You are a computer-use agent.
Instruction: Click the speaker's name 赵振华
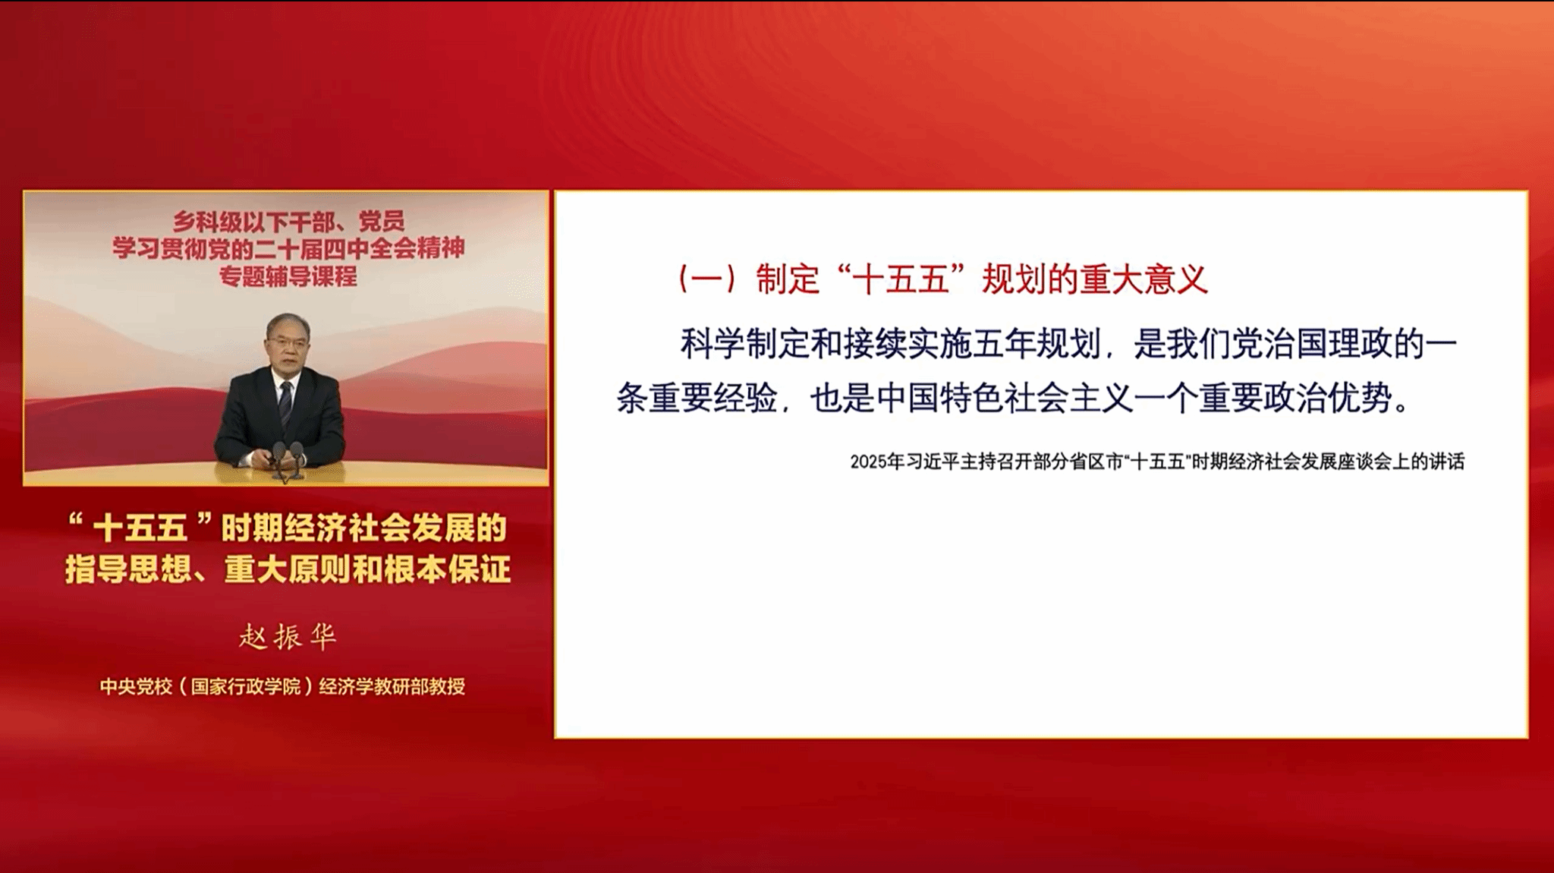click(x=288, y=636)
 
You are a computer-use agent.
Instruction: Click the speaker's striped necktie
click(x=285, y=403)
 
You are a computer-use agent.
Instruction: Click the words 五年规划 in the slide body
click(x=1037, y=344)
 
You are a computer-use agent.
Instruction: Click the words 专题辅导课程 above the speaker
click(x=288, y=276)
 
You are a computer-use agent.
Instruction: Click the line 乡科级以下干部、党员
click(x=288, y=221)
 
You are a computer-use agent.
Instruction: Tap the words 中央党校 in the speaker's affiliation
click(x=137, y=686)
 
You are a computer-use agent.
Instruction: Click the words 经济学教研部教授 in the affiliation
click(x=392, y=686)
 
